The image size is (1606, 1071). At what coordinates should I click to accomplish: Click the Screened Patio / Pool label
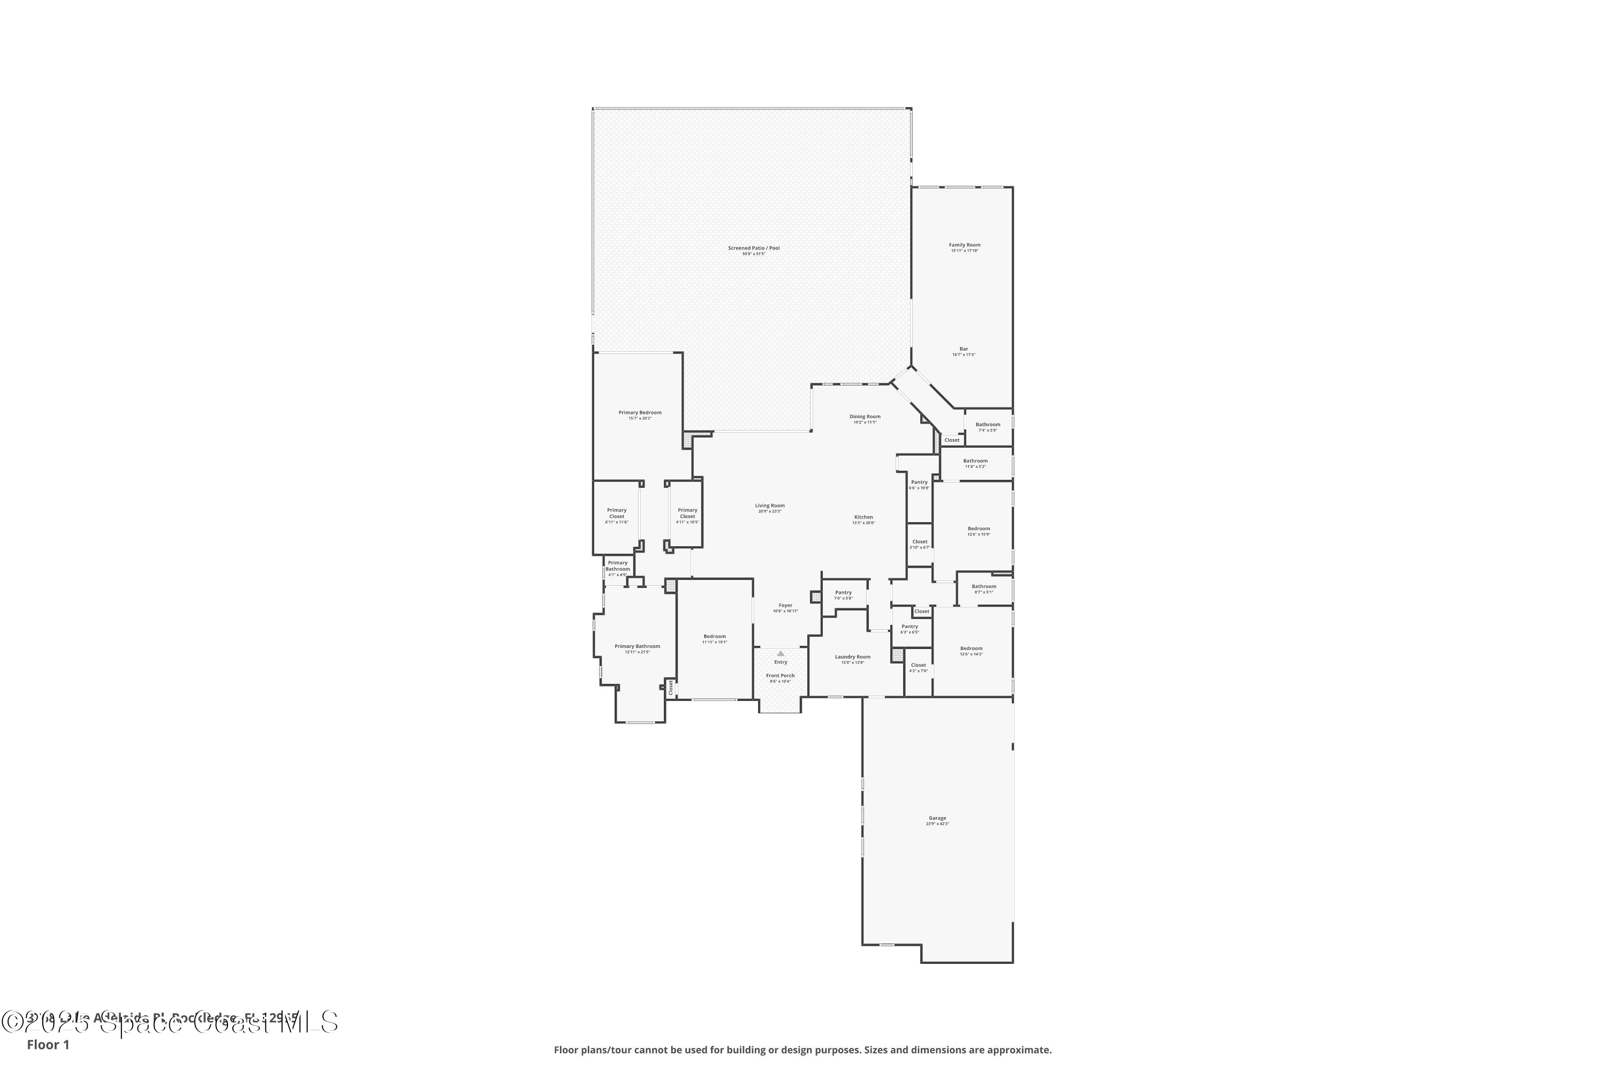[x=753, y=248]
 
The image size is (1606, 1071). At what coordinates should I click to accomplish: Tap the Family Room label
[x=964, y=245]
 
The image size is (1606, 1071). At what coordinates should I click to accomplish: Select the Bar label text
[x=964, y=349]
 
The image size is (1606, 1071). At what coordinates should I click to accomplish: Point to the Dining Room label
[x=865, y=417]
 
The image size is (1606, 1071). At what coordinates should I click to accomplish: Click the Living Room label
[x=770, y=506]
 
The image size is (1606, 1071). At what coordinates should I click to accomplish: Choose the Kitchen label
[x=863, y=517]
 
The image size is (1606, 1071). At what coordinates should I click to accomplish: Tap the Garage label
[x=937, y=818]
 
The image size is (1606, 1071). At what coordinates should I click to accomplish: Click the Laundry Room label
[x=852, y=657]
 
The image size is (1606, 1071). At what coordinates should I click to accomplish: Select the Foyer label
[x=785, y=606]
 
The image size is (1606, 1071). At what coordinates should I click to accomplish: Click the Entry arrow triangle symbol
[x=781, y=654]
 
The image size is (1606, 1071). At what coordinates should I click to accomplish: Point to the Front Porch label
[x=780, y=675]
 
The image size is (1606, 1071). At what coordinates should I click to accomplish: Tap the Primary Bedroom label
[x=640, y=412]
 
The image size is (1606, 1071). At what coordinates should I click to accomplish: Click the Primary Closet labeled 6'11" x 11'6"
[x=617, y=514]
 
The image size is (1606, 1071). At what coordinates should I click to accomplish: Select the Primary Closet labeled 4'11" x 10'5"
[x=687, y=514]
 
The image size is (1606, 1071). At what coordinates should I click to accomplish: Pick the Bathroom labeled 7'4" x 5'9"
[x=987, y=425]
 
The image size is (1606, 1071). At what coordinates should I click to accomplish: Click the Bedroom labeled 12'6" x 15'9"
[x=978, y=529]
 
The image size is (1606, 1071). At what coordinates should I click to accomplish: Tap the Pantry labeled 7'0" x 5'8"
[x=843, y=593]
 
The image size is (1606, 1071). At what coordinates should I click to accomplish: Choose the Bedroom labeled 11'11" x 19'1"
[x=714, y=637]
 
